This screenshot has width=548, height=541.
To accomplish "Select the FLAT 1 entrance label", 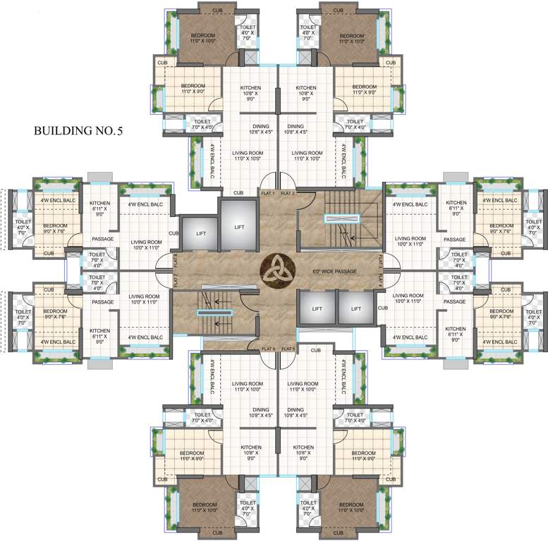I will [267, 192].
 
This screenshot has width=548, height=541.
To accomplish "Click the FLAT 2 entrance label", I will [287, 192].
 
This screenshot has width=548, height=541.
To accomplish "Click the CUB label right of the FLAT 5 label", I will [315, 350].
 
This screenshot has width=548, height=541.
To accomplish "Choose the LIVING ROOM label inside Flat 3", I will [408, 242].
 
